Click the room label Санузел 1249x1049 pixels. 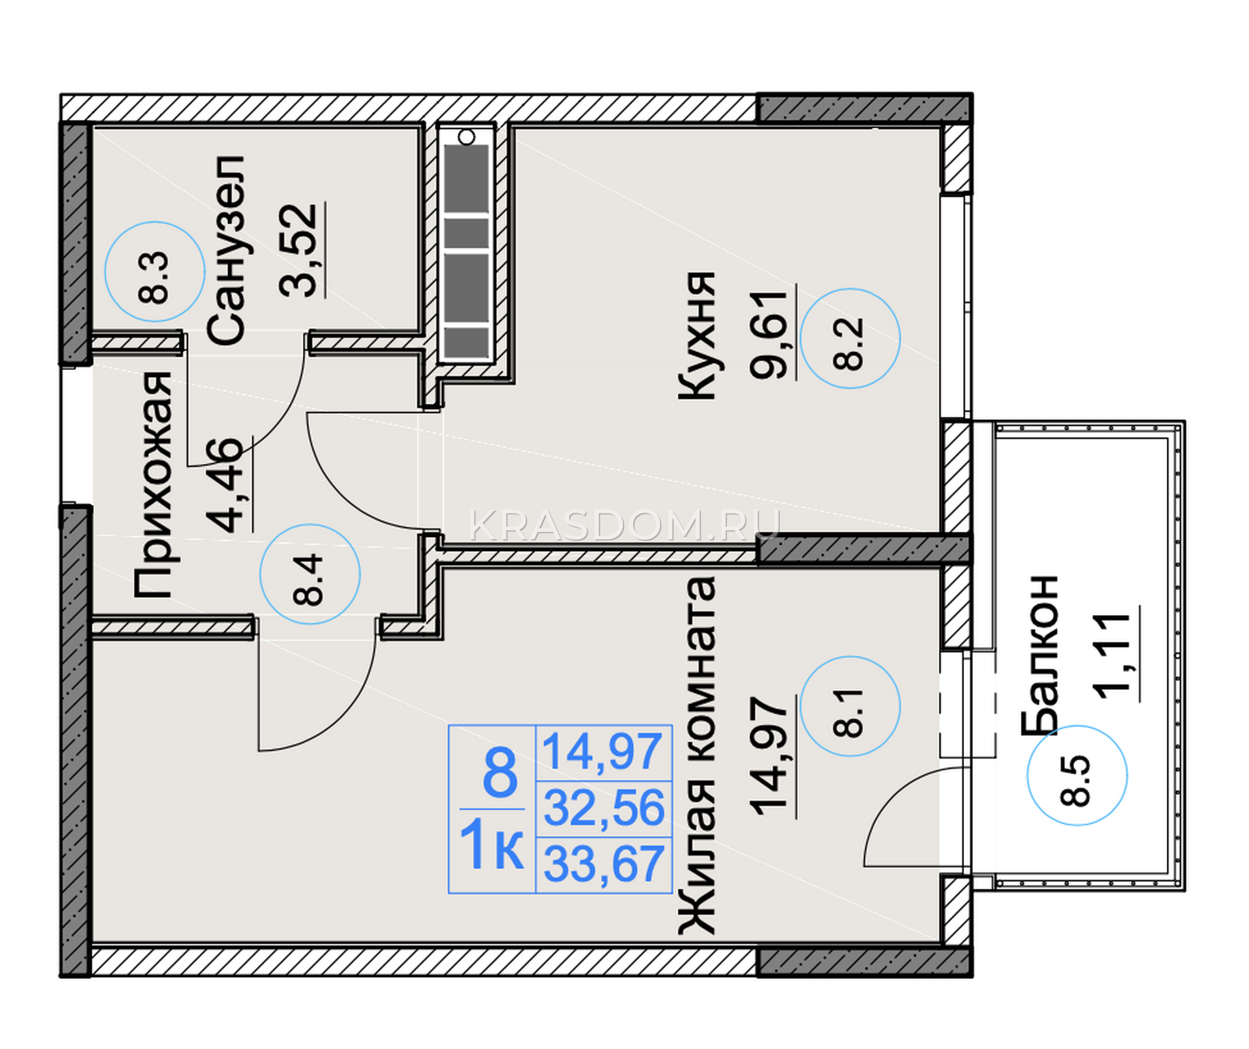click(227, 250)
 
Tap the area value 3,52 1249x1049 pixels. click(299, 250)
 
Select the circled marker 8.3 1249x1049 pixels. click(155, 272)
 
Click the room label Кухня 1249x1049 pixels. click(696, 336)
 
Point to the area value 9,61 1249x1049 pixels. click(770, 334)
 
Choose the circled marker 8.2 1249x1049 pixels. click(850, 338)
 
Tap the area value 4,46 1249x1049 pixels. click(226, 484)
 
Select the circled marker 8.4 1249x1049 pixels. click(310, 574)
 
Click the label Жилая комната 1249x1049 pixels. click(696, 756)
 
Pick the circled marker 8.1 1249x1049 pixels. click(850, 706)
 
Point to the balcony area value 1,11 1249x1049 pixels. click(1112, 655)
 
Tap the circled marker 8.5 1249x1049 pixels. click(1077, 775)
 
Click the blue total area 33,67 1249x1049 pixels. click(603, 863)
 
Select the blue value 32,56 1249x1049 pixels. click(603, 807)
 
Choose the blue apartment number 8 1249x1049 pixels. click(500, 773)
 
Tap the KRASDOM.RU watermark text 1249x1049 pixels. click(624, 525)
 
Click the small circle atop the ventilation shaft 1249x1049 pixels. click(467, 137)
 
